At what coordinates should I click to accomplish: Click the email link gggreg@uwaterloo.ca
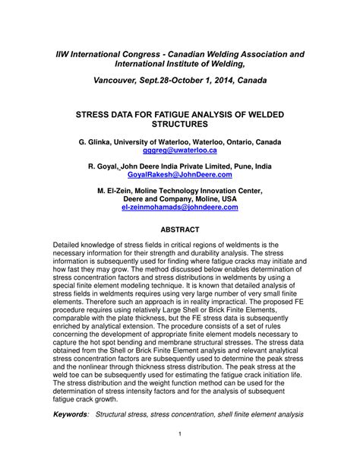(179, 151)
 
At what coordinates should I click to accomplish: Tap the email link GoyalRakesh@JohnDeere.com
(179, 174)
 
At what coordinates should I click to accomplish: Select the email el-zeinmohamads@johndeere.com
(179, 206)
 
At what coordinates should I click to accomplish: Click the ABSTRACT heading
(179, 230)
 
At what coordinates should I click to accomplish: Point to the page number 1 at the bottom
(179, 434)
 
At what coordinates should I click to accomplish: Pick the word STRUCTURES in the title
(179, 123)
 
